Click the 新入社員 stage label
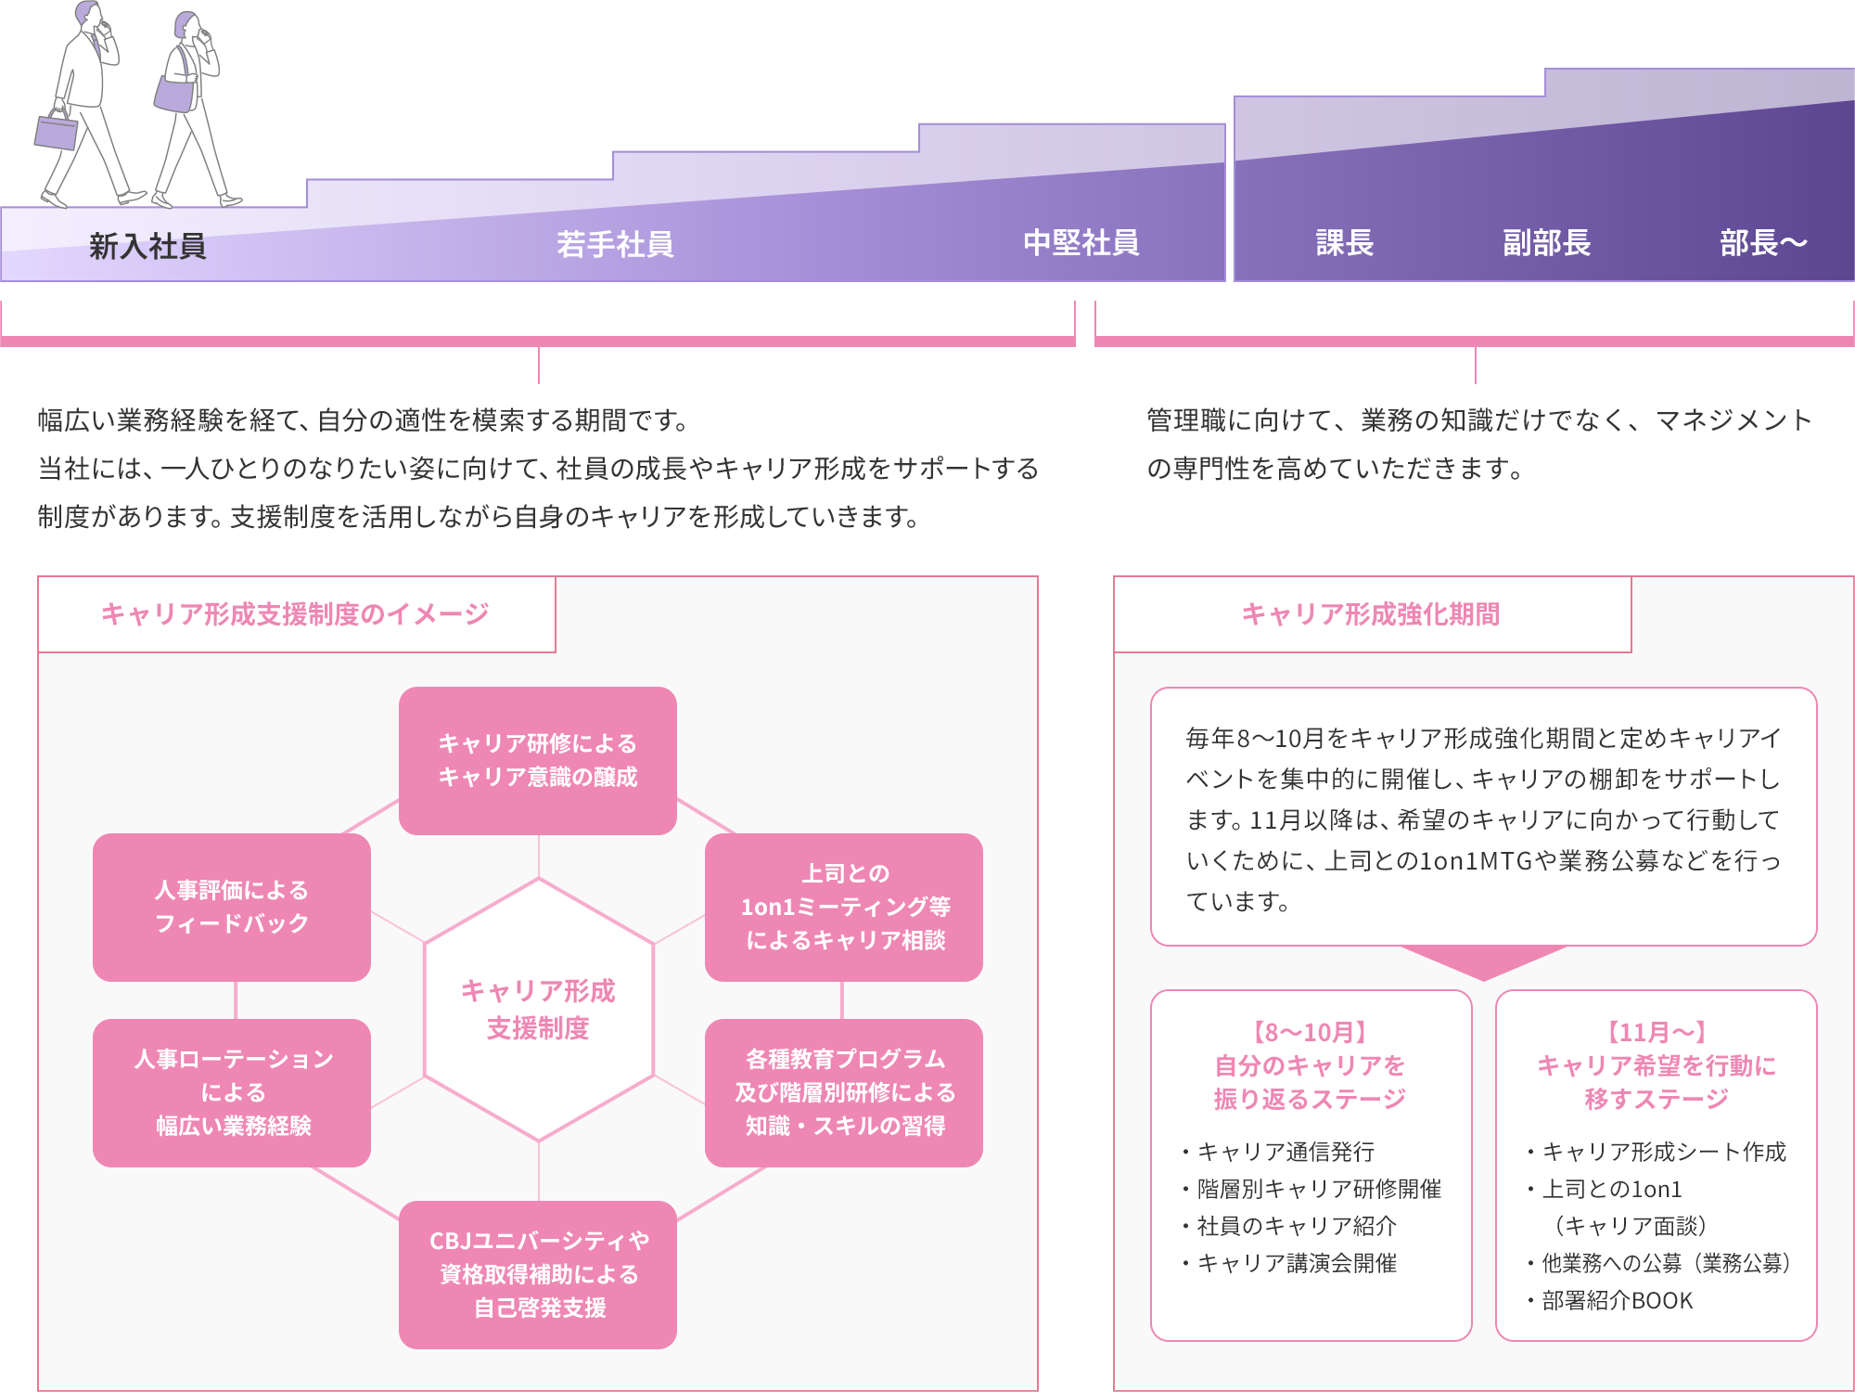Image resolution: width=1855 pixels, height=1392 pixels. [147, 246]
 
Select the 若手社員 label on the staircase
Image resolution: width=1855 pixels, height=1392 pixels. [615, 244]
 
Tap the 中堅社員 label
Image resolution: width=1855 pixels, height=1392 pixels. [1081, 243]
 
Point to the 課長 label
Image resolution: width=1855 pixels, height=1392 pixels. [1344, 243]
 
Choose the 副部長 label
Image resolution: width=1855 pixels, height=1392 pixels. [1546, 243]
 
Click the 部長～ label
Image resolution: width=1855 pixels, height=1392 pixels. [1762, 243]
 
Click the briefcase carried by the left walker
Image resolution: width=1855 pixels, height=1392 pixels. [57, 131]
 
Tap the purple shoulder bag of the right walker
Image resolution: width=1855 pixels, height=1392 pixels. [174, 94]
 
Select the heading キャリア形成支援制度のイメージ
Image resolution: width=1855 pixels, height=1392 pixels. [295, 614]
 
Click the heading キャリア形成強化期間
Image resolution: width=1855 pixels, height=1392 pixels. [1370, 614]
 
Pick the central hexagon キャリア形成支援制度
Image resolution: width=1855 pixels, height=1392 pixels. [538, 1010]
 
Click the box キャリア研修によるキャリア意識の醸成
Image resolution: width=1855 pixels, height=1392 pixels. [538, 760]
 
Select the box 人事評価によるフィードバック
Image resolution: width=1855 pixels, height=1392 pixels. [232, 907]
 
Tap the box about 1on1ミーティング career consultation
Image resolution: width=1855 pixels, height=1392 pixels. [844, 907]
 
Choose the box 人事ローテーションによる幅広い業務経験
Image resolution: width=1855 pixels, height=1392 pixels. [232, 1092]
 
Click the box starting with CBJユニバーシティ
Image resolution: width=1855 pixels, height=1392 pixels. [538, 1274]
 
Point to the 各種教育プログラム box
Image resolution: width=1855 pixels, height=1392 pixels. [844, 1092]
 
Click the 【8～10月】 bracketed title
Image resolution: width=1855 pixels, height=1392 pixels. [1310, 1032]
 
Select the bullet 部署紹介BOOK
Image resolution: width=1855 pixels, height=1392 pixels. [1617, 1301]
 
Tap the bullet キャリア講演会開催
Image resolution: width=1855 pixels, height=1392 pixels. [1297, 1263]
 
